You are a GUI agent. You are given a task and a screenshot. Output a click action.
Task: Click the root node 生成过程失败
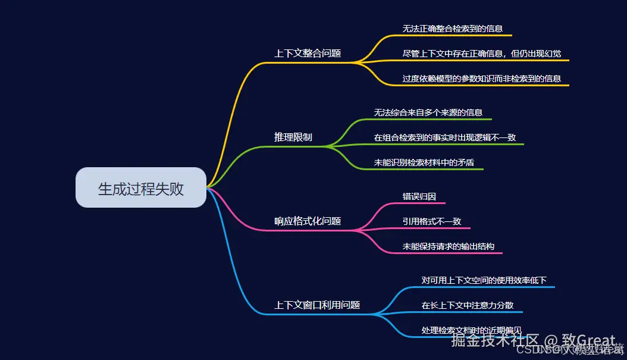click(141, 189)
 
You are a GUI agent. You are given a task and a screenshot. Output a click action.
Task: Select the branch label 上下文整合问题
click(307, 53)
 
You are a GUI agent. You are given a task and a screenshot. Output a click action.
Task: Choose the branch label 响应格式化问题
click(307, 221)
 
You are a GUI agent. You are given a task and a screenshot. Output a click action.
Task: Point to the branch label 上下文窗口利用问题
click(317, 305)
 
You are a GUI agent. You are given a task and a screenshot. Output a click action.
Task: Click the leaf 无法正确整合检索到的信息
click(449, 28)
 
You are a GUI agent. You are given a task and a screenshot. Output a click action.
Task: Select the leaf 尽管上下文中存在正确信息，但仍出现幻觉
click(481, 54)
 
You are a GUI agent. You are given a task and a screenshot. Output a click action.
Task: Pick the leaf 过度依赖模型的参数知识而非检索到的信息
click(481, 79)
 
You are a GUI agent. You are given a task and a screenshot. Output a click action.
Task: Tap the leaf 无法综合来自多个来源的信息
click(428, 112)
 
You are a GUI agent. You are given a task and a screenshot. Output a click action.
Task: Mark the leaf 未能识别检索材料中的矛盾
click(424, 162)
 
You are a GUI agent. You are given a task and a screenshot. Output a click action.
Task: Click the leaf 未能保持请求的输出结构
click(448, 246)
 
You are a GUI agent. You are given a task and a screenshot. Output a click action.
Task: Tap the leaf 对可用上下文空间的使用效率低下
click(484, 280)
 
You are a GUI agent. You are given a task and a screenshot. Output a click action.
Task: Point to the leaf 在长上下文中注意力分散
click(468, 305)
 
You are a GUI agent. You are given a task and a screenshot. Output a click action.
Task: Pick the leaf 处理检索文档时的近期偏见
click(471, 330)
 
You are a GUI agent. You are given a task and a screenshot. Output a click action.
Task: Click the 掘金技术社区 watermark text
click(495, 341)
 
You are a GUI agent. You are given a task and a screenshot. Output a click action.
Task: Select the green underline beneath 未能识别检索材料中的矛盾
click(428, 170)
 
